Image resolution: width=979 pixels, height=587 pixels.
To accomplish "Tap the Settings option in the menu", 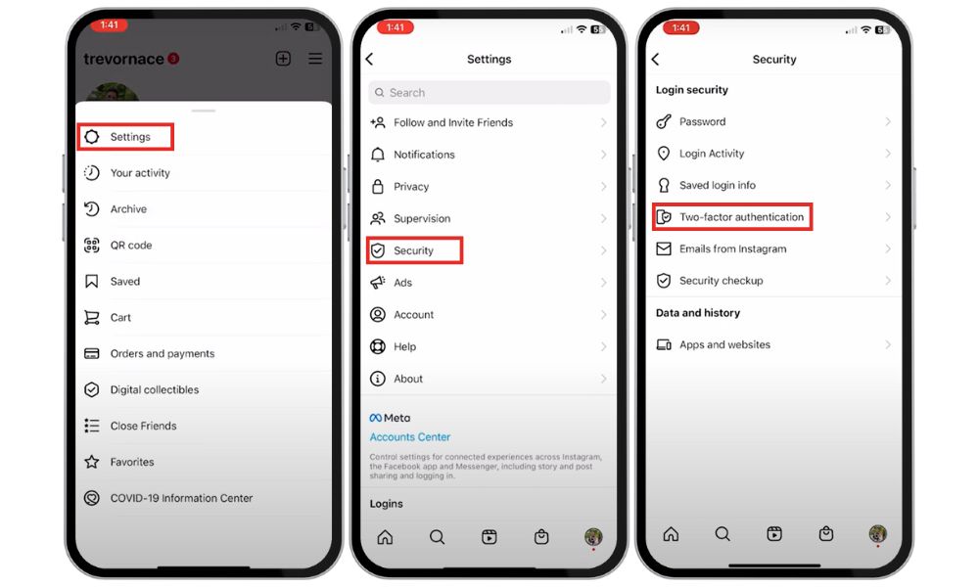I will point(129,137).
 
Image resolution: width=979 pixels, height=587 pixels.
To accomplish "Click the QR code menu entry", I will point(130,246).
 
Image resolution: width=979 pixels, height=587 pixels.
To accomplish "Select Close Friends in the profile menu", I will point(143,426).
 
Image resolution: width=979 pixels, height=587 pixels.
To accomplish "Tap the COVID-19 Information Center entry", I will point(181,498).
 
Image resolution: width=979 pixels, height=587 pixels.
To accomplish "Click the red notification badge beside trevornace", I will point(173,59).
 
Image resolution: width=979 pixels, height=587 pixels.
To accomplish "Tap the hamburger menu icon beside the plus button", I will point(315,59).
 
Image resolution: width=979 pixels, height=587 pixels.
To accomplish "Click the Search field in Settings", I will point(489,93).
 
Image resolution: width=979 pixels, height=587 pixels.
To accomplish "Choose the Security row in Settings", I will point(413,250).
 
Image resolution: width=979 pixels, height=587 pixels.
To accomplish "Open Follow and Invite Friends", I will point(452,123).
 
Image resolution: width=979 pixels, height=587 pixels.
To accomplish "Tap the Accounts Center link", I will point(410,437).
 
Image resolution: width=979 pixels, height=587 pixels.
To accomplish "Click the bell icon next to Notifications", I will point(378,155).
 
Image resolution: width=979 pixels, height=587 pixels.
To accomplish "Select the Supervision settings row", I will point(422,219).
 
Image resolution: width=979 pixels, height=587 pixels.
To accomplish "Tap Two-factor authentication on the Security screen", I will point(741,217).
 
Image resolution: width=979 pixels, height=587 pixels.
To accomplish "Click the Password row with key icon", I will point(702,122).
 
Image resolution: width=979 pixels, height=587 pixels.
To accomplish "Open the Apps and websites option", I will point(724,345).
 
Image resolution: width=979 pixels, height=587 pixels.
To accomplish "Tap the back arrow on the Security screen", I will point(655,60).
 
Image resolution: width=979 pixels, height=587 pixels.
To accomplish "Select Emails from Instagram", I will point(732,249).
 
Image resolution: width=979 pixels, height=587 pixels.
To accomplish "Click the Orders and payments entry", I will point(162,354).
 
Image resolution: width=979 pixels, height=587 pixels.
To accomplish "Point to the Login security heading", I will point(691,90).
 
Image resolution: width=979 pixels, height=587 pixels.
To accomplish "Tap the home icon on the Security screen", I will point(671,534).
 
